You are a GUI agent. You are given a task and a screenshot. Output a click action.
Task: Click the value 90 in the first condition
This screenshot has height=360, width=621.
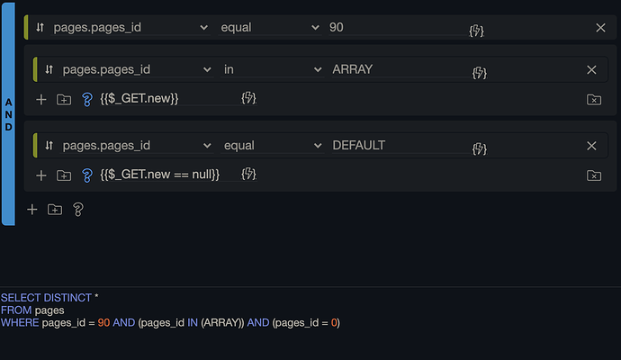click(336, 28)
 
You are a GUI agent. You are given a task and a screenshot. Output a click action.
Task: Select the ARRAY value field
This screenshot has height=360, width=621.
click(352, 69)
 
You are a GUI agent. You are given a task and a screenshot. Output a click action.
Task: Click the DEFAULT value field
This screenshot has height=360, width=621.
click(359, 145)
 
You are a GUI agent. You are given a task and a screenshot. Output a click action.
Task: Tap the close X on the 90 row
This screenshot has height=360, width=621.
click(600, 28)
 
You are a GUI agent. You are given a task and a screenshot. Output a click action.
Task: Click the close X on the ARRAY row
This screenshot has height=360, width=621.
click(591, 69)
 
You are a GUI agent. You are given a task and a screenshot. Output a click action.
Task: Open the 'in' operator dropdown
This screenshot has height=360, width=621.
click(272, 69)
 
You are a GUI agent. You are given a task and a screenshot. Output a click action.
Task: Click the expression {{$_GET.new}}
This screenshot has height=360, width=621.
click(139, 98)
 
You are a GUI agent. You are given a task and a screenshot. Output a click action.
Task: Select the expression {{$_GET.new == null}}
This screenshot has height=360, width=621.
click(159, 174)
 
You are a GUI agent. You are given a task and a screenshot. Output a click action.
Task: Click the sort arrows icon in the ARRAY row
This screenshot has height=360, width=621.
click(49, 69)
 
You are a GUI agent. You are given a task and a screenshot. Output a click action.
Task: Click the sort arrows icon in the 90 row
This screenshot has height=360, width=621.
click(40, 28)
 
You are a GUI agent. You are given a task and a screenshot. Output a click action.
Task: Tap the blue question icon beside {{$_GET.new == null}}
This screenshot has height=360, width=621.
click(87, 175)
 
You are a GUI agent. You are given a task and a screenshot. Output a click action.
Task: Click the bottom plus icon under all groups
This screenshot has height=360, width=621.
click(32, 209)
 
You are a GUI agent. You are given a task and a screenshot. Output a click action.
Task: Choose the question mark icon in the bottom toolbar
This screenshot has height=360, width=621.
click(78, 209)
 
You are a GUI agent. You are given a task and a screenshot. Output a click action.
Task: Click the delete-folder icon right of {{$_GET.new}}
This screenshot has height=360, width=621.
click(593, 99)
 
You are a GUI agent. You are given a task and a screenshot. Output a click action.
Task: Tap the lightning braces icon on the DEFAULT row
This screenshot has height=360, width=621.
click(479, 147)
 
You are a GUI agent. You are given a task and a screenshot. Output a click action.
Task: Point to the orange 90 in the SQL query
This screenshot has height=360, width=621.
click(104, 322)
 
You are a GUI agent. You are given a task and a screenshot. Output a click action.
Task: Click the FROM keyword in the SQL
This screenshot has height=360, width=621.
click(15, 310)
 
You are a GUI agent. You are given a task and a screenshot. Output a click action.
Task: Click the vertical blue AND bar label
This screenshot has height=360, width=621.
click(8, 115)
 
